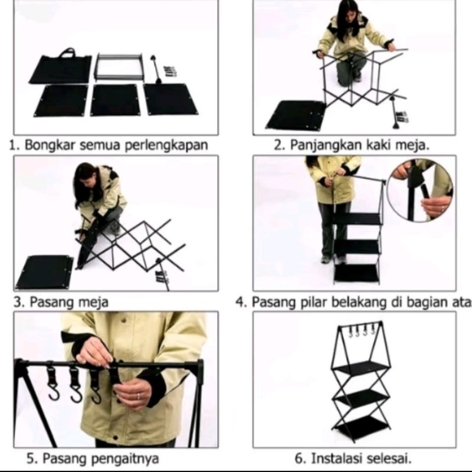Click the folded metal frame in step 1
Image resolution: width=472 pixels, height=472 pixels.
[x=119, y=67]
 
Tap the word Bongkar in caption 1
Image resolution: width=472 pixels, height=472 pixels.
[x=45, y=146]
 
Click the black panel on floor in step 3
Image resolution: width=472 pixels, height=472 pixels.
[x=45, y=272]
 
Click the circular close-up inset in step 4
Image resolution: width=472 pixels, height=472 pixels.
[x=420, y=191]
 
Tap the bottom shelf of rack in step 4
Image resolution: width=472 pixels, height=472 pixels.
[x=356, y=273]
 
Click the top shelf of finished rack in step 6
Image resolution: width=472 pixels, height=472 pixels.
[x=360, y=366]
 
